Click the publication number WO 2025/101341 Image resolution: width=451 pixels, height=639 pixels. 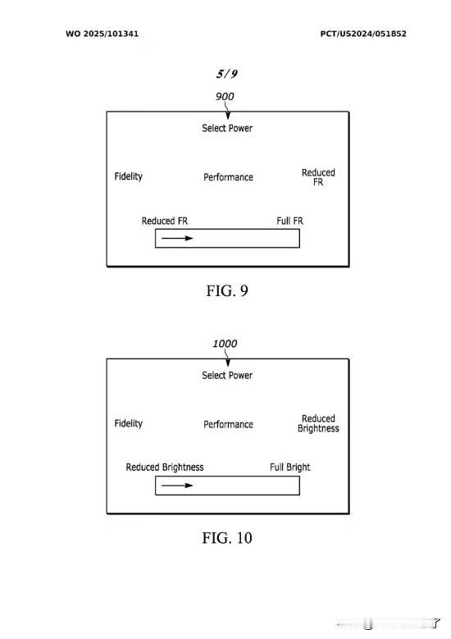[102, 34]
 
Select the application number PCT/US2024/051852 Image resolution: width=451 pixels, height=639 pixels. [363, 34]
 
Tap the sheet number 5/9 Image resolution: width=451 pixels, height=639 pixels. [227, 74]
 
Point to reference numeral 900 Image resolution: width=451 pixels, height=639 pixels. [225, 97]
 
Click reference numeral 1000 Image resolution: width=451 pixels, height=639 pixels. [225, 344]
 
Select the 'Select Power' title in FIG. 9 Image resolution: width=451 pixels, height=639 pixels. [227, 128]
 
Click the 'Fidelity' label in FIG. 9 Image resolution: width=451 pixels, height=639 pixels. [129, 176]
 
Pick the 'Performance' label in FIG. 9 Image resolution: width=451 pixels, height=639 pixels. [228, 177]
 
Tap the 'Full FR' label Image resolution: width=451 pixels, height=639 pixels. [289, 221]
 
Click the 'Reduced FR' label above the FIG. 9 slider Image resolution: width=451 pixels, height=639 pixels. [165, 221]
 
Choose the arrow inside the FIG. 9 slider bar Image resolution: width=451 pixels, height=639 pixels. [177, 238]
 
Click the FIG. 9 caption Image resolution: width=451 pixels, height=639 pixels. [227, 290]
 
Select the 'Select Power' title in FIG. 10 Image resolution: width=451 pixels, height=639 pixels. [227, 375]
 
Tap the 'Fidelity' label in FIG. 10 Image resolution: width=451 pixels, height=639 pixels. [129, 423]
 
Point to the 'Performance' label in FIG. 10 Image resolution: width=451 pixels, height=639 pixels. [228, 424]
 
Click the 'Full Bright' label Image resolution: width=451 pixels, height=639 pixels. [289, 467]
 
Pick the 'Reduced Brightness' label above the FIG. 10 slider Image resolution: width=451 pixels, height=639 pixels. [165, 467]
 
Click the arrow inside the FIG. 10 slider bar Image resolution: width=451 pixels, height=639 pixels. [177, 485]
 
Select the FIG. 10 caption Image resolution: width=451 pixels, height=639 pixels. [227, 537]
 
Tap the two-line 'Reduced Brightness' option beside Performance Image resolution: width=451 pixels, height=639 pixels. [318, 423]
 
